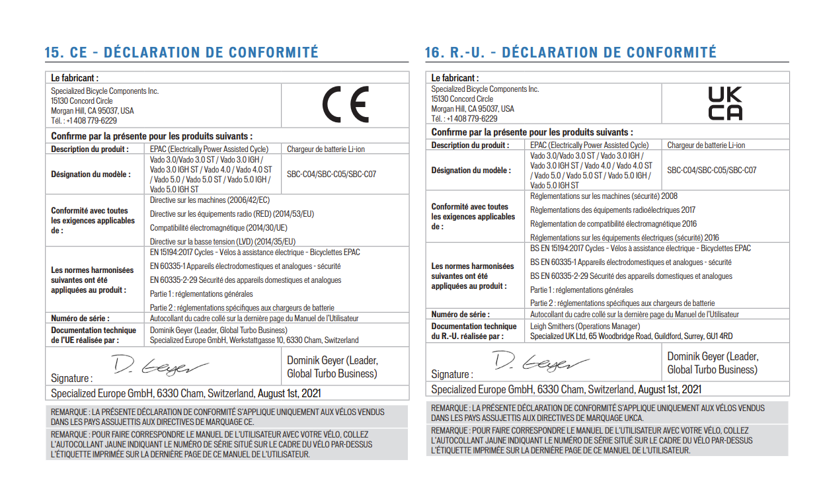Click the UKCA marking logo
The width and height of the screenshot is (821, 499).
[x=725, y=104]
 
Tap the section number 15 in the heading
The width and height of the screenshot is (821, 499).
[x=53, y=53]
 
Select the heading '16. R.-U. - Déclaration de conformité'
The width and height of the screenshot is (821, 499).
[x=570, y=53]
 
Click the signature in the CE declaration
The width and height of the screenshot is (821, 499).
[x=159, y=365]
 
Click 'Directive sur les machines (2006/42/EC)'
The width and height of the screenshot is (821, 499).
[x=210, y=200]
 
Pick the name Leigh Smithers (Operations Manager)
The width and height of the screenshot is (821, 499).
[x=585, y=326]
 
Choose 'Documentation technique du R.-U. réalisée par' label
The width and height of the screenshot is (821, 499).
[x=474, y=331]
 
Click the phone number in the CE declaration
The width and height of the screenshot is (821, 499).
[x=84, y=121]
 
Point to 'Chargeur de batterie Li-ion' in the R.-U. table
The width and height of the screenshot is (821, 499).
[x=706, y=145]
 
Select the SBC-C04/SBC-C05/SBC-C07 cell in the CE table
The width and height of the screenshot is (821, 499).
[x=331, y=174]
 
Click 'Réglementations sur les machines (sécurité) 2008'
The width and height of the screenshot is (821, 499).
[x=604, y=196]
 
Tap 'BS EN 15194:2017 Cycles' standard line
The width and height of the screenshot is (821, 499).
[x=641, y=249]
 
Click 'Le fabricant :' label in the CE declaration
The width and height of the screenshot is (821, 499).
[x=75, y=78]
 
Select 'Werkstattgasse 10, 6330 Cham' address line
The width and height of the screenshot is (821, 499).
[x=254, y=340]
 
